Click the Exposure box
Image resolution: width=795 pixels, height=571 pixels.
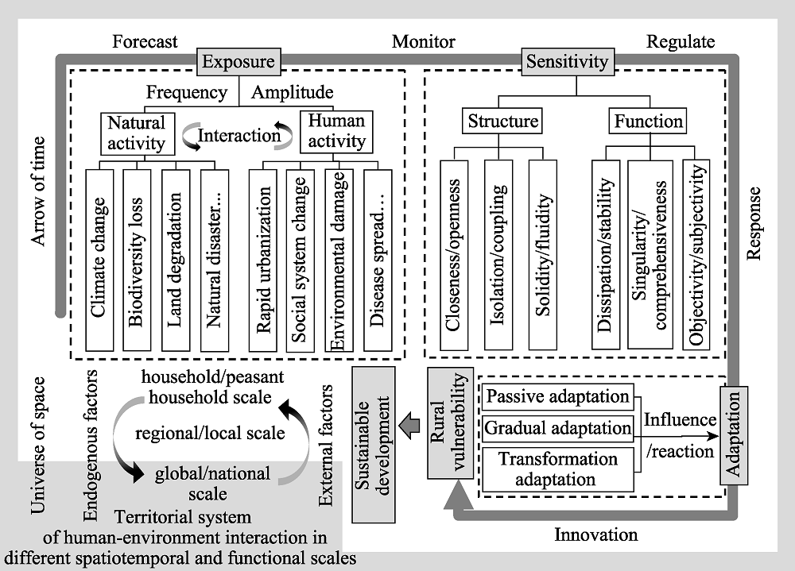tap(238, 62)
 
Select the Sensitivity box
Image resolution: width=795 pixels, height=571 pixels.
tap(568, 62)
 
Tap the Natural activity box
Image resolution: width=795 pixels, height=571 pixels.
tap(138, 133)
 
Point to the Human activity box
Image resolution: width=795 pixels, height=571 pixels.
tap(336, 132)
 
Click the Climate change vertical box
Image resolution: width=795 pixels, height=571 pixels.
tap(99, 260)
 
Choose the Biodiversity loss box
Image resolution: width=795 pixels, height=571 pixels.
tap(137, 260)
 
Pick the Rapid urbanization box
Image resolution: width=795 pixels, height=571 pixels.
tap(262, 260)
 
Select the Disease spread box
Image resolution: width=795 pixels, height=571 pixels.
tap(378, 260)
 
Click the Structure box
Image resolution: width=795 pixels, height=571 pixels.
tap(502, 121)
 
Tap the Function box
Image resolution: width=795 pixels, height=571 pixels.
tap(648, 121)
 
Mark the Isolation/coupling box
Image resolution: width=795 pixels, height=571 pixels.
tap(498, 255)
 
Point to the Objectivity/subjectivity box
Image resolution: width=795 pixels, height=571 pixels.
tap(696, 255)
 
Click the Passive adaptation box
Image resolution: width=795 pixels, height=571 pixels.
tap(558, 397)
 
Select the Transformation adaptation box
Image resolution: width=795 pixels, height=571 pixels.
tap(558, 469)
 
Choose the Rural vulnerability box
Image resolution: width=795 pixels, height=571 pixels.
tap(450, 423)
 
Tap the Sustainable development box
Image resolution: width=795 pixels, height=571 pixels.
tap(373, 445)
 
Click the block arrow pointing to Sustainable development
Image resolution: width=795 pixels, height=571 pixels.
tap(409, 426)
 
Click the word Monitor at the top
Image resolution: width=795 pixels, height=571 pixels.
tap(424, 41)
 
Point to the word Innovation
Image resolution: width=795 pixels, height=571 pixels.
tap(595, 534)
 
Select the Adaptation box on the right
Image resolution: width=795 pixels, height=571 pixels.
tap(734, 435)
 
